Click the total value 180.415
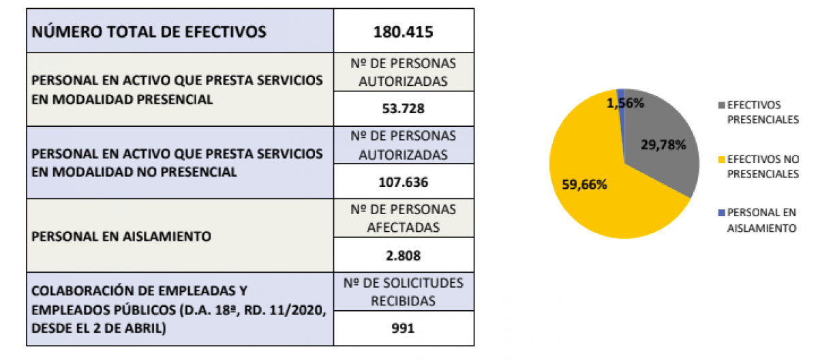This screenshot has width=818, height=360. point(404,31)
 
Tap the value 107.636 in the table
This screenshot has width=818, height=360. point(404,183)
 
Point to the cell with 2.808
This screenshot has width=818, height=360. point(404,256)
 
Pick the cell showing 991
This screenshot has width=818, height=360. point(404,329)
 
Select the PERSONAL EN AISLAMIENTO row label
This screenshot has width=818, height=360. point(122,237)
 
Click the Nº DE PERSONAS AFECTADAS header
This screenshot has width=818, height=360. point(404,217)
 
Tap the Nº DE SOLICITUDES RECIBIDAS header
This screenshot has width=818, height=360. point(404,291)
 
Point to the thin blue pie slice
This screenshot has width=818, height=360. point(621,95)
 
